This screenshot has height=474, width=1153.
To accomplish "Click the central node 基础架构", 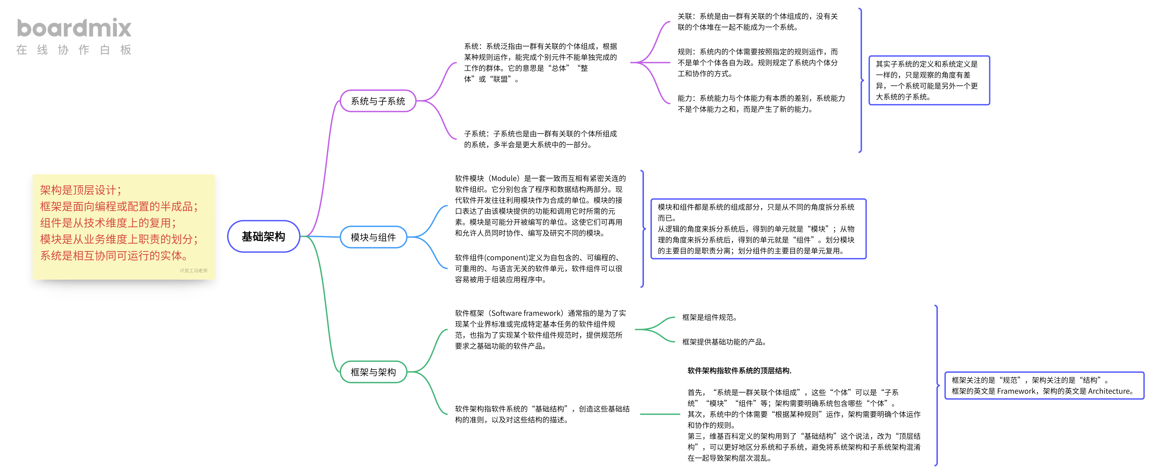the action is click(263, 236).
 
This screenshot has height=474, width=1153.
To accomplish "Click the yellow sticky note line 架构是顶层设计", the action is click(81, 190).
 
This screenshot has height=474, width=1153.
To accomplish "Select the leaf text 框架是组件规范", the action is click(709, 317).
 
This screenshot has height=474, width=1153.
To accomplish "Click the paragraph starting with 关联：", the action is click(757, 21).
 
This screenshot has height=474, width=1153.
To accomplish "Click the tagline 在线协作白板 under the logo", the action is click(74, 50).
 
